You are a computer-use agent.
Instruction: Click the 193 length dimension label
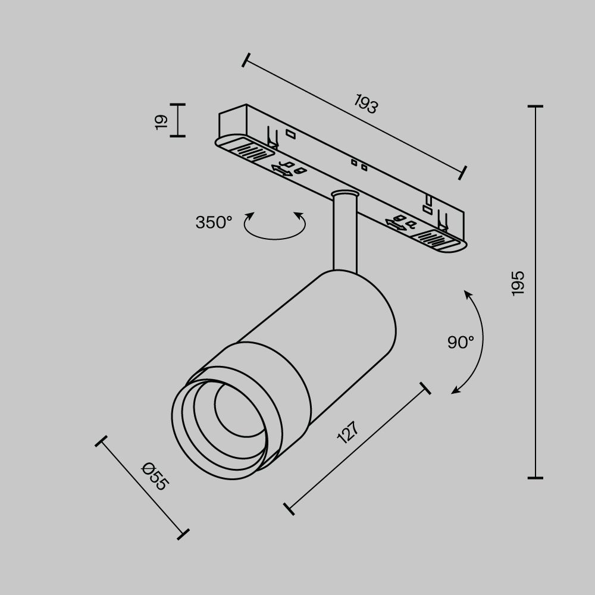click(x=367, y=104)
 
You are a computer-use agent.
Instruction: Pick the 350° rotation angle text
click(x=213, y=223)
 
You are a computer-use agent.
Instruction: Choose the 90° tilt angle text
click(x=461, y=342)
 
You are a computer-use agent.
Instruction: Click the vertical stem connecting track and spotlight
click(x=345, y=235)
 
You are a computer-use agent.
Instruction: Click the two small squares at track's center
click(x=359, y=164)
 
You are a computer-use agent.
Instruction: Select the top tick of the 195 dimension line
click(x=535, y=107)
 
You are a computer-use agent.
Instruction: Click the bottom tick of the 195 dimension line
click(x=535, y=477)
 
